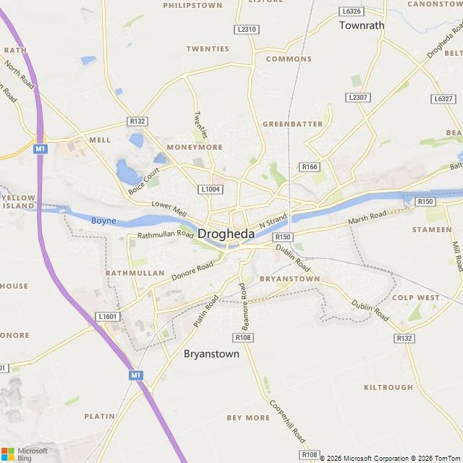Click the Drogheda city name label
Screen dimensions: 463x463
point(226,234)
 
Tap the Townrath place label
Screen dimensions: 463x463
point(362,25)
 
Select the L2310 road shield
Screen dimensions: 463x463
point(246,29)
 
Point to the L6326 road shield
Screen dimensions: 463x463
point(351,12)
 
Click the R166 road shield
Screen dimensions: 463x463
point(310,167)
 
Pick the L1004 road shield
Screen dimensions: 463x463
point(210,190)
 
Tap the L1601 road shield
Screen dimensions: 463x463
point(107,317)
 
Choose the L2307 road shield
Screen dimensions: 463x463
point(357,97)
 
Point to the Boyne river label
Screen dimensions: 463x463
point(103,221)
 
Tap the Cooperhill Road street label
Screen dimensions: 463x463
point(288,422)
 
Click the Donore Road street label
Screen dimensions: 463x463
point(192,272)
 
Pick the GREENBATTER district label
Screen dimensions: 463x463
point(292,124)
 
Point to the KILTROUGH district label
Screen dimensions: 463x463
point(388,388)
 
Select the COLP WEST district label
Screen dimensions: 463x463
point(415,297)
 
